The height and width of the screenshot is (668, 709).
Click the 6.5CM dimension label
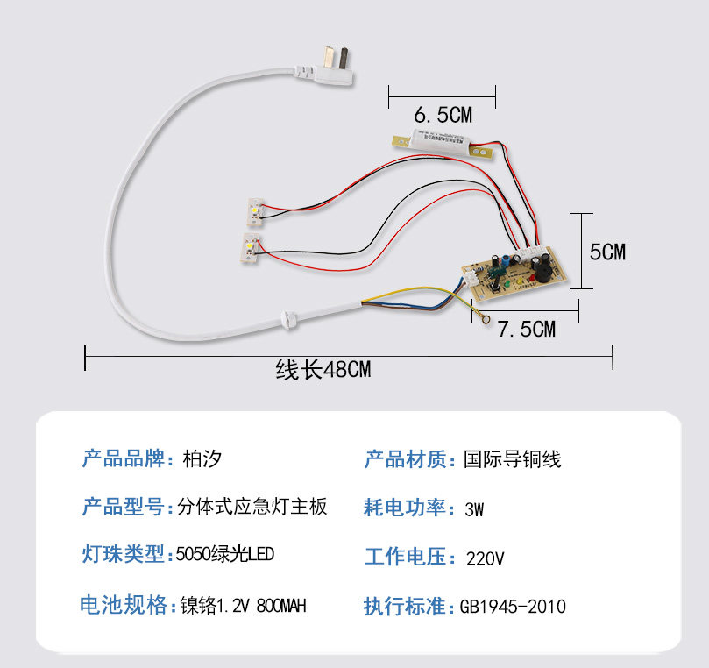click(443, 115)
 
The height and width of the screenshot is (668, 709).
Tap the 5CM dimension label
click(607, 252)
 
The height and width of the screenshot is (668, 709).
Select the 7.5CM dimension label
click(527, 330)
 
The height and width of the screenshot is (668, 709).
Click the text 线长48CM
click(323, 370)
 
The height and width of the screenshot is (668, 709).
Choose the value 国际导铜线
click(513, 458)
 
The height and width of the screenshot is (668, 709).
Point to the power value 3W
click(475, 508)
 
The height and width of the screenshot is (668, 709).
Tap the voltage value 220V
click(485, 558)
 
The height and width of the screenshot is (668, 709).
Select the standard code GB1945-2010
click(513, 607)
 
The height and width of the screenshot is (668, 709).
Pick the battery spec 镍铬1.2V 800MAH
click(243, 606)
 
